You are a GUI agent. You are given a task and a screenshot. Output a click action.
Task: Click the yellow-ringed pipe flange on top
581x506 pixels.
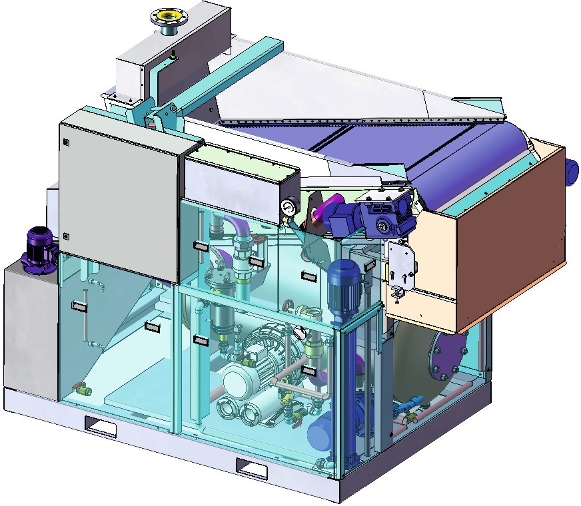163,15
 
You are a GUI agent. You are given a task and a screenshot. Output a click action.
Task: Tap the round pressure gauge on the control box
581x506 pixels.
289,207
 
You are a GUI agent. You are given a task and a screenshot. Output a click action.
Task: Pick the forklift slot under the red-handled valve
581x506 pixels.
100,426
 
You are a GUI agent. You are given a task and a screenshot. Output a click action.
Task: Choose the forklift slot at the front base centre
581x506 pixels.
253,469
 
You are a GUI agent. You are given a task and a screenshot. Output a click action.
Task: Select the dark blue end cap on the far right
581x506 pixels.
572,172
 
